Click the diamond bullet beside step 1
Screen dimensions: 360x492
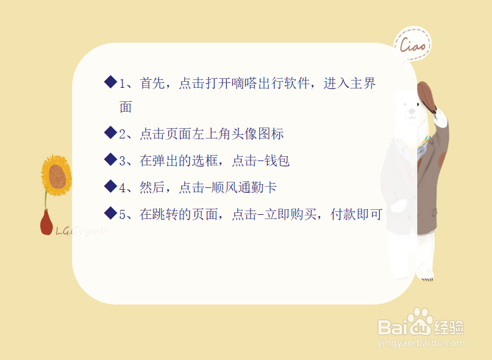[110, 82]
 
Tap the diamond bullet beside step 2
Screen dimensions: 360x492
[110, 132]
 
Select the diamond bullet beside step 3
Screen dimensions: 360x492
[110, 159]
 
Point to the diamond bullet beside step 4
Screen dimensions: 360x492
[110, 186]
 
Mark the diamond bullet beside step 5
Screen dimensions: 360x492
[110, 213]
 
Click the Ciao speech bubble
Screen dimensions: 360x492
[413, 44]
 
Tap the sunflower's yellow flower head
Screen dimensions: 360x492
[57, 176]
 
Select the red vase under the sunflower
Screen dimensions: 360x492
[46, 223]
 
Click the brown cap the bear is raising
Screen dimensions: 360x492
[427, 96]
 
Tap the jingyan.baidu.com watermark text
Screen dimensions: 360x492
[421, 344]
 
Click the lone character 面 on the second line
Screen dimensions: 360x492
[126, 107]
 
